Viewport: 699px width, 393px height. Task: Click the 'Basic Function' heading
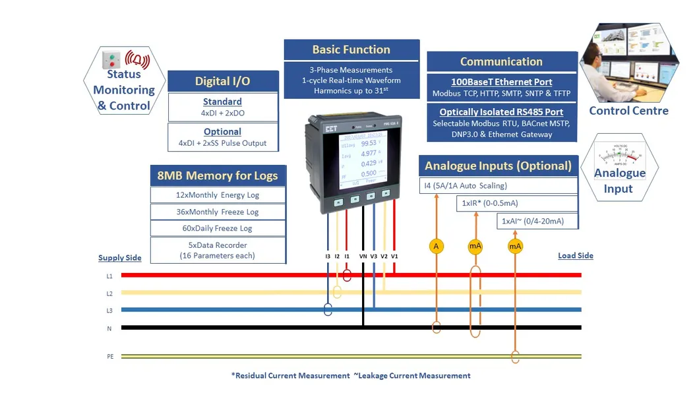[x=351, y=50]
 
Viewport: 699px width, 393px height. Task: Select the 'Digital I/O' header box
[x=222, y=82]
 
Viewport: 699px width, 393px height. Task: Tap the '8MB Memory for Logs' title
[x=218, y=176]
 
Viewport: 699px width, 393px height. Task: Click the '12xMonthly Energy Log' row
[x=218, y=195]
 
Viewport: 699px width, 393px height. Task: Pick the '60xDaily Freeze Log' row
[x=218, y=228]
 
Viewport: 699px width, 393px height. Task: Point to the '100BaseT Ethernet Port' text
[x=501, y=82]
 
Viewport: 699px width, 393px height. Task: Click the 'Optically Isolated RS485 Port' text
[x=501, y=112]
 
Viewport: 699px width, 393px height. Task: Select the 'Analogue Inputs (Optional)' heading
[x=498, y=166]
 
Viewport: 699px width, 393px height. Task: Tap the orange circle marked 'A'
[x=436, y=246]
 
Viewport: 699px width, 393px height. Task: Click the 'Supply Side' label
[x=120, y=258]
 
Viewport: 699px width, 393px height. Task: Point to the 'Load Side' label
[x=575, y=255]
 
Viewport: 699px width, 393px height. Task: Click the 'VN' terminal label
[x=363, y=256]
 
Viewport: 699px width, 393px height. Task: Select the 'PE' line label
[x=110, y=356]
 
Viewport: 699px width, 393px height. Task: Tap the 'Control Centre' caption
[x=628, y=111]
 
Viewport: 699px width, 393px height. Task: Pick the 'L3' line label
[x=109, y=310]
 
